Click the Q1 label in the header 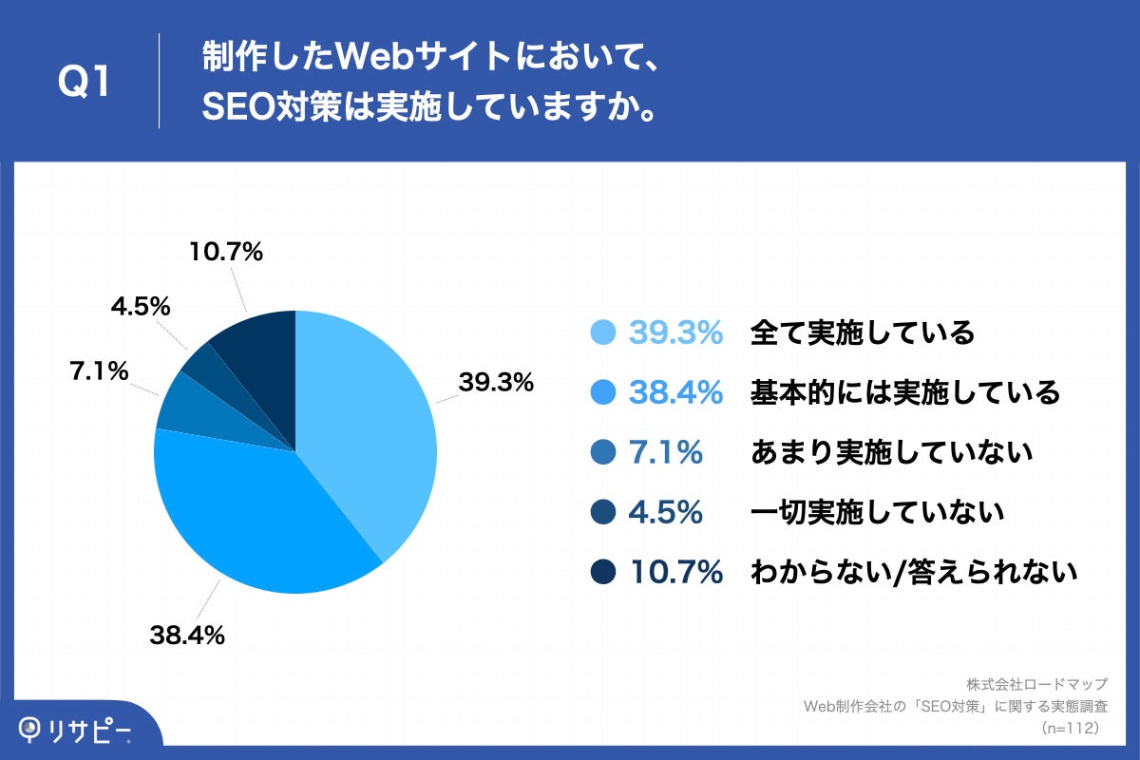(85, 84)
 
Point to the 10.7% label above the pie (224, 253)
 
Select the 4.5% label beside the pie (140, 307)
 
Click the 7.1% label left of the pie (99, 371)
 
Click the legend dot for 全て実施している (603, 332)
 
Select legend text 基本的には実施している (904, 392)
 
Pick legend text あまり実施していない (891, 453)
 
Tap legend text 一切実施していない (877, 513)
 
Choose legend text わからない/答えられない (913, 572)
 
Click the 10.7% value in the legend (675, 572)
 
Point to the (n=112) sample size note (1071, 728)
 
